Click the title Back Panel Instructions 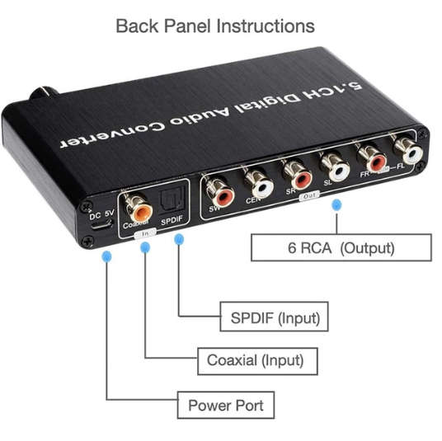coord(214,26)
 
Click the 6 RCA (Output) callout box coord(341,247)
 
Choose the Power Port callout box coord(225,405)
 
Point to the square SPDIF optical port coord(171,201)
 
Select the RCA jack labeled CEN coord(261,183)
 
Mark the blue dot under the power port coord(104,256)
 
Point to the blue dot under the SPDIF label coord(179,239)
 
